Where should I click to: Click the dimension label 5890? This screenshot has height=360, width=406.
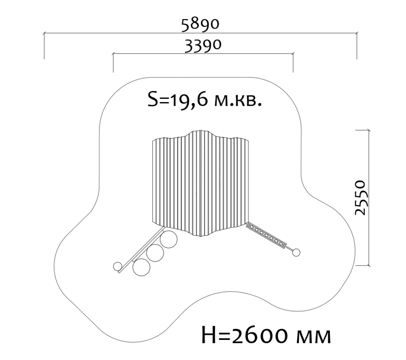(x=200, y=24)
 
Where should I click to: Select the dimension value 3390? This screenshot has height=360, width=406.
(x=203, y=46)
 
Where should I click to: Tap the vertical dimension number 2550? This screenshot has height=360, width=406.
(x=360, y=198)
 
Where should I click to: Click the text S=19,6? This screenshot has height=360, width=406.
(x=178, y=99)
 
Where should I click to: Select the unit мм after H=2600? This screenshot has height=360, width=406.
(x=313, y=337)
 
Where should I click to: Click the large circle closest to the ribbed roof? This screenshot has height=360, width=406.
(x=169, y=239)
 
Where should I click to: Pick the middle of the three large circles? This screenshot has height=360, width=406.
(x=155, y=253)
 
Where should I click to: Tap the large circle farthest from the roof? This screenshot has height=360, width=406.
(x=141, y=267)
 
